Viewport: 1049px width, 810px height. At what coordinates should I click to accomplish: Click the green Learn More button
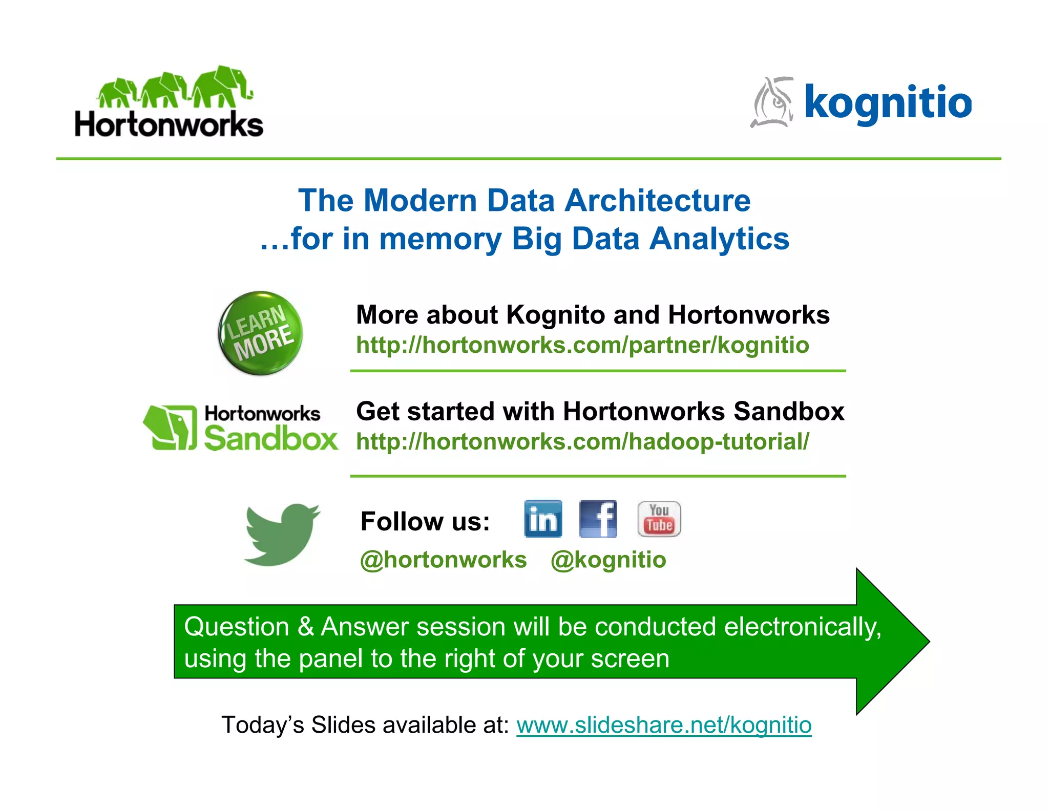(260, 333)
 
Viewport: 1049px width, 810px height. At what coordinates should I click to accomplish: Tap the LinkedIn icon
(543, 519)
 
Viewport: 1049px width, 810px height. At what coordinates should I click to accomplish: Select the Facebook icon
(598, 519)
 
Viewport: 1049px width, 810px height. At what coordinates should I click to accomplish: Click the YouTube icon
(659, 519)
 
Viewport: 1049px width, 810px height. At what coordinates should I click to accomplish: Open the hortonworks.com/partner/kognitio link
(582, 345)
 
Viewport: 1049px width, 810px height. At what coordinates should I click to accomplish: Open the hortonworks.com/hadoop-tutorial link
(582, 442)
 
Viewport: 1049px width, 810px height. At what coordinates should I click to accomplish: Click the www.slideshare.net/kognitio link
(664, 725)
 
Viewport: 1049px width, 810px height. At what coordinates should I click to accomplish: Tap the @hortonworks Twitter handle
(444, 560)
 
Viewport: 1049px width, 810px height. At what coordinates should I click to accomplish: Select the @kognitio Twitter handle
(609, 560)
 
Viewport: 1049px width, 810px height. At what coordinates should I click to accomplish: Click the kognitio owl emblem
(772, 102)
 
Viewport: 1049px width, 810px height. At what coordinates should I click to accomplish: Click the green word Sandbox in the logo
(270, 439)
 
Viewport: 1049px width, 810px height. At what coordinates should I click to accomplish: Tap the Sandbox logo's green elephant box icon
(170, 428)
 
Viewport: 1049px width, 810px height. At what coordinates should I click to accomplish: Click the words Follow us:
(425, 522)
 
